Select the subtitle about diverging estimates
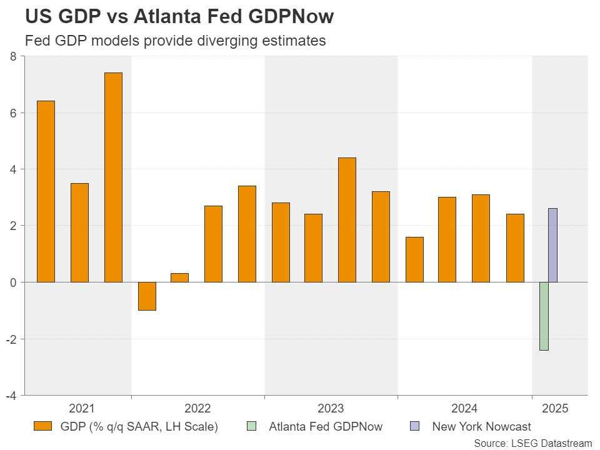(175, 41)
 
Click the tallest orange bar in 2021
(113, 177)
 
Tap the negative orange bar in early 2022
(147, 296)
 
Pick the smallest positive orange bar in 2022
(179, 277)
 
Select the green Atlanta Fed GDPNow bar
(544, 316)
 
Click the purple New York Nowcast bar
(552, 245)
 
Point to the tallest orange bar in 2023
(347, 219)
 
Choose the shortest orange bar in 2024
(414, 259)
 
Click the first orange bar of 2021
(46, 191)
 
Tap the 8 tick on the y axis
(13, 56)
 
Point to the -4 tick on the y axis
(11, 395)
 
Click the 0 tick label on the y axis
(13, 282)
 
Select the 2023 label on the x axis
(330, 409)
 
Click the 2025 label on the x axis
(555, 409)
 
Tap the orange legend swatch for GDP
(43, 427)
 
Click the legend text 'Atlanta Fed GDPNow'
(325, 427)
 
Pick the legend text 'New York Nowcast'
(481, 427)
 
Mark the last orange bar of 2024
(515, 247)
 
